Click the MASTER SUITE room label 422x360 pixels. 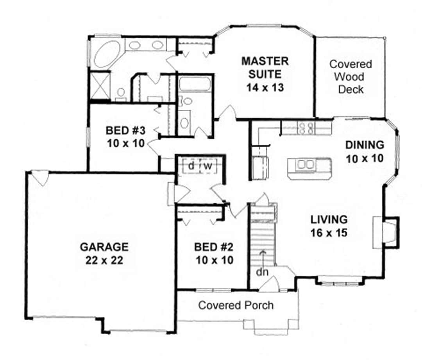click(x=265, y=74)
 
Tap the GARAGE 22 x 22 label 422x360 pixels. click(x=104, y=253)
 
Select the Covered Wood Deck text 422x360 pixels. click(x=350, y=77)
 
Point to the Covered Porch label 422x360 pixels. click(x=236, y=305)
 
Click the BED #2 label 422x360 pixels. click(x=213, y=253)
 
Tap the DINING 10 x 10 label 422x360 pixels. click(x=364, y=151)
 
